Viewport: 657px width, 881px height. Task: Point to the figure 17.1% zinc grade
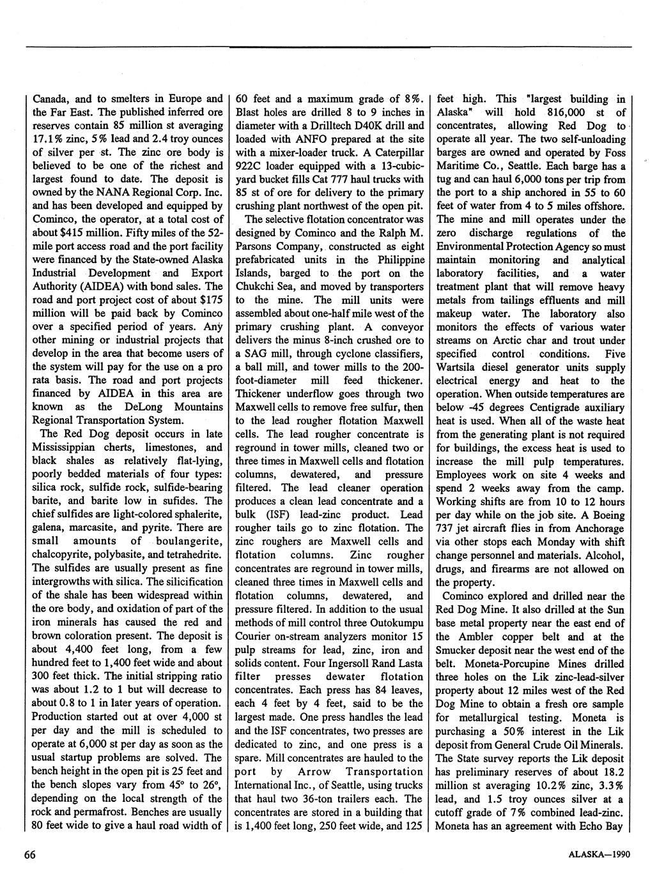tap(48, 139)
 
